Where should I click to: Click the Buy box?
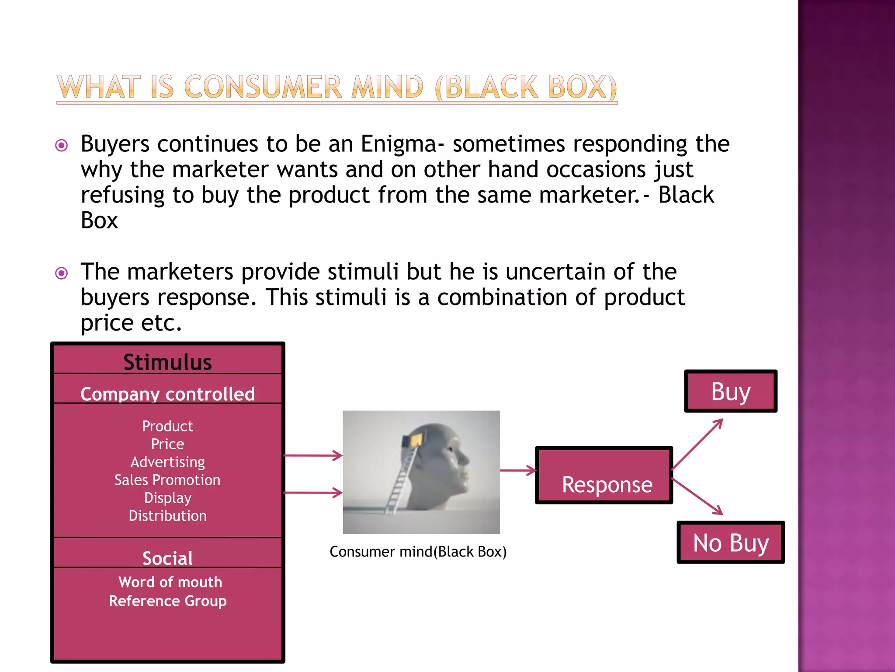(731, 391)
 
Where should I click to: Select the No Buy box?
(731, 542)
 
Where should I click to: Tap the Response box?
(604, 476)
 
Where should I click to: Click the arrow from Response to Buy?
(697, 444)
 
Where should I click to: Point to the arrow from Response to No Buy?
(697, 497)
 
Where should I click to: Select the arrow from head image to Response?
(518, 471)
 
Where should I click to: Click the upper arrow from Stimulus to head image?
(313, 455)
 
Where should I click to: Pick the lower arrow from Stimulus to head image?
(313, 493)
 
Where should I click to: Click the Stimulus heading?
(167, 362)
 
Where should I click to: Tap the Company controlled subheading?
(167, 394)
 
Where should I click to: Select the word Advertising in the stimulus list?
(167, 462)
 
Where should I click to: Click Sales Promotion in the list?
(167, 480)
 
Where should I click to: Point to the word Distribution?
(167, 516)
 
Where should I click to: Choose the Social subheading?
(167, 558)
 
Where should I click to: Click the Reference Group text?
(167, 601)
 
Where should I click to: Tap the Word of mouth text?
(170, 582)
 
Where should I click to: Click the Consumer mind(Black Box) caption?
(418, 552)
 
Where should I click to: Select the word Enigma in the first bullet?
(398, 144)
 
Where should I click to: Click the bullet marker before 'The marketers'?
(62, 273)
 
